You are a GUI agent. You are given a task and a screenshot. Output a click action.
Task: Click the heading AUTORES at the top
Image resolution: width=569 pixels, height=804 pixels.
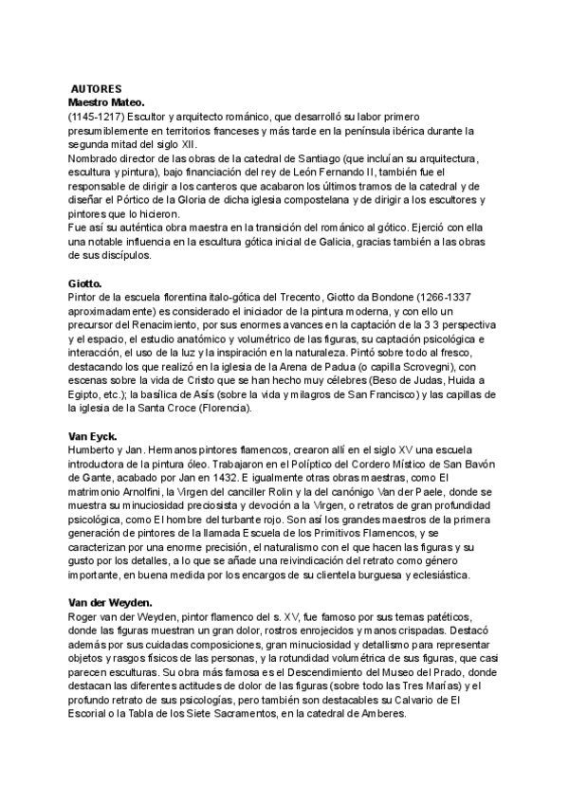click(96, 86)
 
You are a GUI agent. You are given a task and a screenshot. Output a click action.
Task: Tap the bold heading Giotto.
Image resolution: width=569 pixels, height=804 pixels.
click(86, 283)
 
